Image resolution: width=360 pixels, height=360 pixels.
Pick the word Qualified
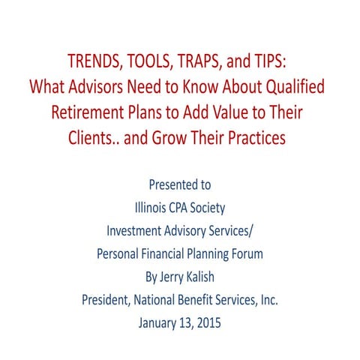[x=293, y=88]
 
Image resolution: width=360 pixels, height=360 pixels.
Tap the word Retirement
[x=88, y=113]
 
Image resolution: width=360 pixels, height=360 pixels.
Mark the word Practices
[x=273, y=139]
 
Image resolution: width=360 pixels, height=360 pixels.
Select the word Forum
[x=245, y=253]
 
